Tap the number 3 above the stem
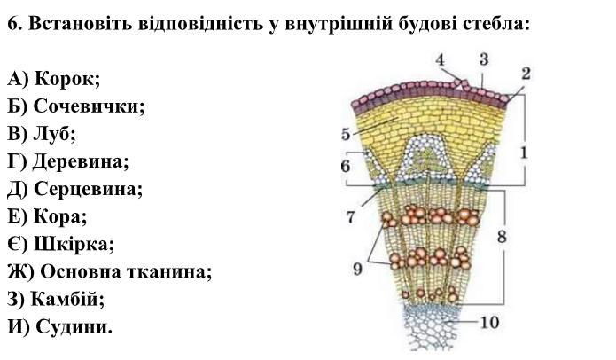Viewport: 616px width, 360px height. (484, 59)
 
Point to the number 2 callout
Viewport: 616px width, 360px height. (526, 73)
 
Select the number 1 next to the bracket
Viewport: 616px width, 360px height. (525, 153)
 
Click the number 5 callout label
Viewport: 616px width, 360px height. (346, 135)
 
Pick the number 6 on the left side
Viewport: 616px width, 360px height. (346, 167)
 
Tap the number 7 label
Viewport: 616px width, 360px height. (350, 216)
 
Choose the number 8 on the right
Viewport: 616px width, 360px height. (502, 237)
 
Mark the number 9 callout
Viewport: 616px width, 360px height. (357, 267)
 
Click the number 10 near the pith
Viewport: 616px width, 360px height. (490, 322)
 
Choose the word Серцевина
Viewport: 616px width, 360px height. (88, 189)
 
